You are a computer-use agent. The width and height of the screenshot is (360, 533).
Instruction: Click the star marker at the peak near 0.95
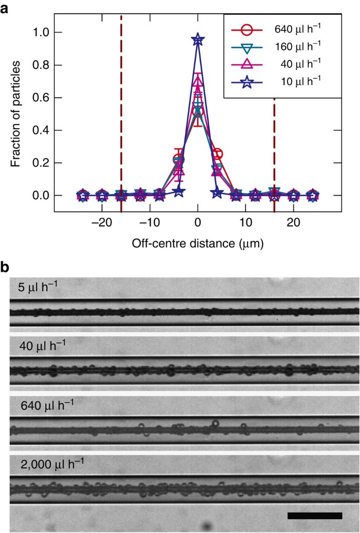(198, 40)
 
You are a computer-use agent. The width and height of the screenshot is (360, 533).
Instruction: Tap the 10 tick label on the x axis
(245, 222)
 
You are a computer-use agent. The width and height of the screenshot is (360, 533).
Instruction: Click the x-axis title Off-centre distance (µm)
(198, 243)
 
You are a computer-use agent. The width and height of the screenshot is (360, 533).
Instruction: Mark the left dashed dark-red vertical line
(121, 105)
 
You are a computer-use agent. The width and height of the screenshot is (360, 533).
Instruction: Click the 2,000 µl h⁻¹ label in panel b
(47, 465)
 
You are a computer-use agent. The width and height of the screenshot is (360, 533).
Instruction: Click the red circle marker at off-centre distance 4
(217, 154)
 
